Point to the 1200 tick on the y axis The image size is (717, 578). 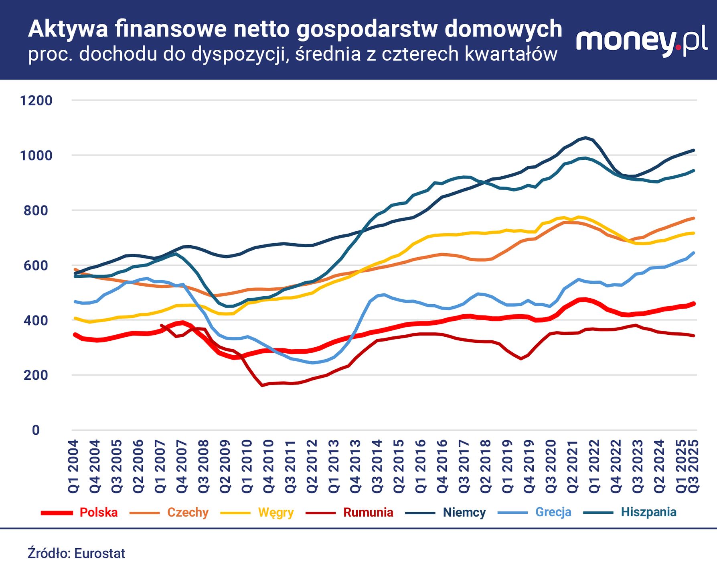point(36,100)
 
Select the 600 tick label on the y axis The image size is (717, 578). point(36,265)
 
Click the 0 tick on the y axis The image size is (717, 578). point(36,430)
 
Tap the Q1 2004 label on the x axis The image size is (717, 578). point(74,466)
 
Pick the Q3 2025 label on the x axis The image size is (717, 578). point(694,466)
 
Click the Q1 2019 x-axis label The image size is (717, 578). point(507,466)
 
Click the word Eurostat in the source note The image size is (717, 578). point(99,554)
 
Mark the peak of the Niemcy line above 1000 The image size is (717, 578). point(586,138)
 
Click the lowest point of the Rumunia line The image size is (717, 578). point(262,385)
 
